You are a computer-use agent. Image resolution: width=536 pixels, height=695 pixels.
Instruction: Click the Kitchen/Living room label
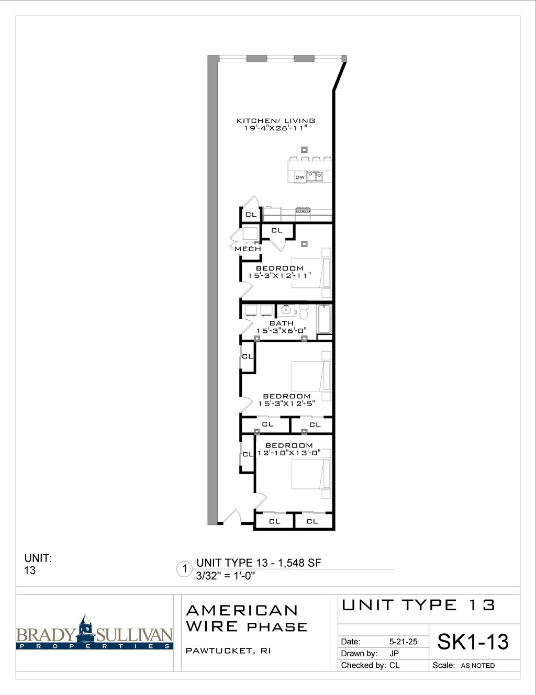pos(276,121)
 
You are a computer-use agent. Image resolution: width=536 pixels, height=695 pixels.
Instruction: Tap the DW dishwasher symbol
pos(299,177)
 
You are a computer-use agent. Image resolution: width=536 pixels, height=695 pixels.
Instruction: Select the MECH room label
pos(248,249)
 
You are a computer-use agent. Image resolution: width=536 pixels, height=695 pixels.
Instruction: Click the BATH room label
pos(282,323)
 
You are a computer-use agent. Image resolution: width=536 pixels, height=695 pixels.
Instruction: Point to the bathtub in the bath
pos(325,319)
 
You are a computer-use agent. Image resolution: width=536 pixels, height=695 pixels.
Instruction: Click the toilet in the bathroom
pos(304,311)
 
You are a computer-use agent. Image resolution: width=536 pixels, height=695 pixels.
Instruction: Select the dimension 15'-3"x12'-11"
pos(280,276)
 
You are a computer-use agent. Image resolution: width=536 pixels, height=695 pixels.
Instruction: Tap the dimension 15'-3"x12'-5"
pos(286,403)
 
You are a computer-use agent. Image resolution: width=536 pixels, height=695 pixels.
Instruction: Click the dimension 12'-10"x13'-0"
pos(289,453)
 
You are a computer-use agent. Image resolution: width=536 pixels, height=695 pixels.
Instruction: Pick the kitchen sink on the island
pos(315,176)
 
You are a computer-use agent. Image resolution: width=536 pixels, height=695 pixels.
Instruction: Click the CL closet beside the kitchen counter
pos(251,215)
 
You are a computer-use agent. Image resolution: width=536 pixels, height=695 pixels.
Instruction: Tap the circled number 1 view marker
pos(184,569)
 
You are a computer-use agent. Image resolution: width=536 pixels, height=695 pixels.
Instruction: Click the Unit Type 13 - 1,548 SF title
pos(259,563)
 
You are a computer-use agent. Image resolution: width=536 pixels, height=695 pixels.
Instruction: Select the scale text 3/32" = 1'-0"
pos(226,576)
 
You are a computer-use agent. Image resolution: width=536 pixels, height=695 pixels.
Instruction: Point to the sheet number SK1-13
pos(473,642)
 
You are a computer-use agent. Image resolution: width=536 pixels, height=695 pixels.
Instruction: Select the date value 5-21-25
pos(403,642)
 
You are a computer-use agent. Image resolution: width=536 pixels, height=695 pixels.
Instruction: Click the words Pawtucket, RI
pos(228,651)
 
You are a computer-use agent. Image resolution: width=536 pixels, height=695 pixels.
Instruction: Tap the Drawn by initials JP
pos(394,654)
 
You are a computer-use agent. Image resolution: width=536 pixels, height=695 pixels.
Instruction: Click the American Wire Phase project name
pos(247,618)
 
